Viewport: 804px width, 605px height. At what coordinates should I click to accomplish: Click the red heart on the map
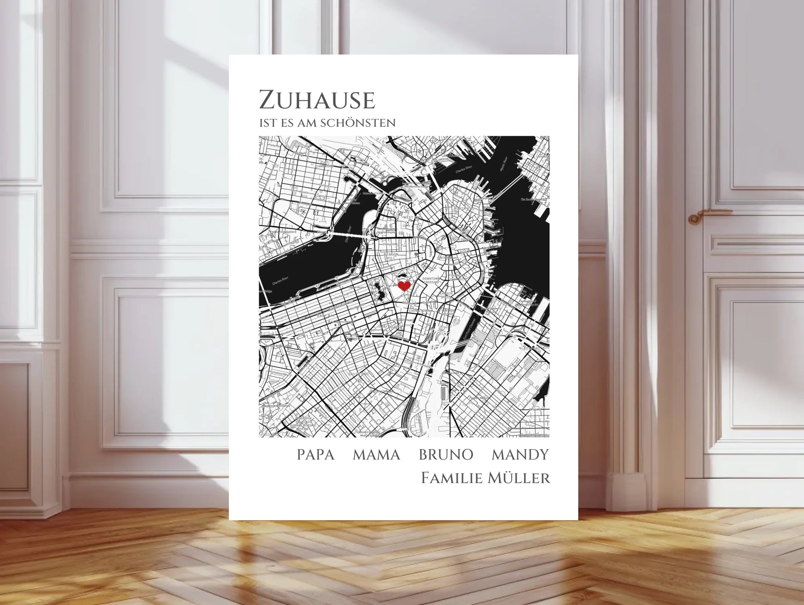click(404, 286)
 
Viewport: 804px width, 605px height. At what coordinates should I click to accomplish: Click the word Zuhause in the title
click(317, 100)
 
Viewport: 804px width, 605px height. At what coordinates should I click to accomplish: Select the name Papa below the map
click(315, 455)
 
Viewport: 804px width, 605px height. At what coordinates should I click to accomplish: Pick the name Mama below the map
click(376, 455)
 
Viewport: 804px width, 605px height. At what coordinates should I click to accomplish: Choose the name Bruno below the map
click(446, 455)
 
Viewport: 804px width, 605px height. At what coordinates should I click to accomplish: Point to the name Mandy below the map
click(520, 455)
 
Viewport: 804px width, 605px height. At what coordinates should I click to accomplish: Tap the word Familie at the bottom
click(452, 478)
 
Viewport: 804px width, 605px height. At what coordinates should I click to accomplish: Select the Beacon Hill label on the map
click(391, 256)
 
